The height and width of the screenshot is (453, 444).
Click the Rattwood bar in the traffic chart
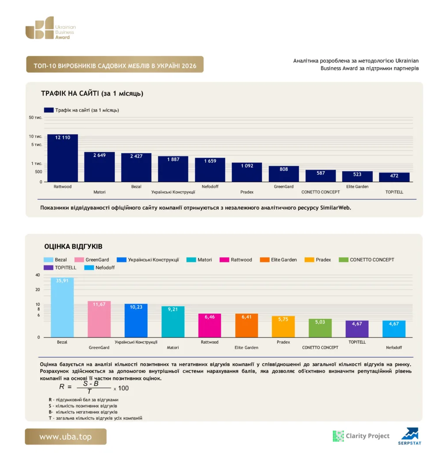click(x=62, y=158)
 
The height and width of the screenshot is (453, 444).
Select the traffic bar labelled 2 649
click(x=100, y=167)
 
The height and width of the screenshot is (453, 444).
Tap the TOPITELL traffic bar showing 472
click(x=394, y=177)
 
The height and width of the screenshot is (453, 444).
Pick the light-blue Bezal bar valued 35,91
click(x=62, y=307)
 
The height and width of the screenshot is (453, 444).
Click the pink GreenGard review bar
click(x=99, y=319)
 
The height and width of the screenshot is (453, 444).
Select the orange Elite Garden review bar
click(x=246, y=326)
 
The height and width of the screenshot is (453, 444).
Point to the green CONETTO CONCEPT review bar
click(x=320, y=328)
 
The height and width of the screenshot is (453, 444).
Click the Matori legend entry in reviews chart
click(x=199, y=260)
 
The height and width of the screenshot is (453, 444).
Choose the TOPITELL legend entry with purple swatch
click(x=60, y=268)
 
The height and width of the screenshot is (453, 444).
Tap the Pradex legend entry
click(x=318, y=260)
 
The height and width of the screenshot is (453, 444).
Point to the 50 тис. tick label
click(x=35, y=118)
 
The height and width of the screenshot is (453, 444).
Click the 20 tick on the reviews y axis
click(x=38, y=289)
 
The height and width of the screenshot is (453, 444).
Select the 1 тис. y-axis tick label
click(x=37, y=164)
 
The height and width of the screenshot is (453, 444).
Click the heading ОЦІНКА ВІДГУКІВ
click(x=73, y=246)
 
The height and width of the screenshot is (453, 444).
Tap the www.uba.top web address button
click(x=65, y=437)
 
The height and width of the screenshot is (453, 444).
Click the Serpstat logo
click(x=410, y=436)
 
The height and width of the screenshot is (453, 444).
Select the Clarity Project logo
click(x=361, y=436)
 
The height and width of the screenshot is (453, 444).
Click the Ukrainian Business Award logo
click(x=51, y=28)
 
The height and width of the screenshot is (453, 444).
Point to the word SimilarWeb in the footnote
click(x=335, y=208)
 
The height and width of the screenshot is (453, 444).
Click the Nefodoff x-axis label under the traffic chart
click(x=210, y=187)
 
